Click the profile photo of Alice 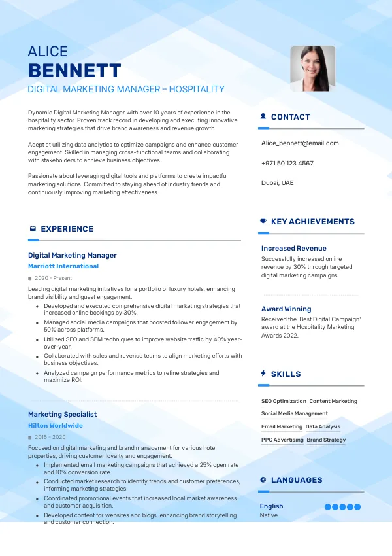pos(312,68)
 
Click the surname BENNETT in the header pos(74,71)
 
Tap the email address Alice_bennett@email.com pos(300,143)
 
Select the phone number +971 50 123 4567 pos(287,163)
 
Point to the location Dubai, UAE pos(277,182)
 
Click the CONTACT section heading pos(290,117)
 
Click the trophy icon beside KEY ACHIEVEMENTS pos(263,222)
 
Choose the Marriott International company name pos(63,266)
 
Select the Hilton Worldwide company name pos(56,426)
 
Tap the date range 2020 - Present pos(53,278)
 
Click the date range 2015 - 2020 pos(50,437)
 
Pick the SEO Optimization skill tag pos(284,401)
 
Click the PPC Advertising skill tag pos(282,440)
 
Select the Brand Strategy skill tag pos(326,440)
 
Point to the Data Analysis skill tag pos(323,426)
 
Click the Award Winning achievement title pos(286,309)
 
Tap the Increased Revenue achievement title pos(293,248)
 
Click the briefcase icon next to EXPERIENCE pos(33,229)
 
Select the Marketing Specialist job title pos(62,414)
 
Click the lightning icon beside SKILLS pos(263,374)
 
